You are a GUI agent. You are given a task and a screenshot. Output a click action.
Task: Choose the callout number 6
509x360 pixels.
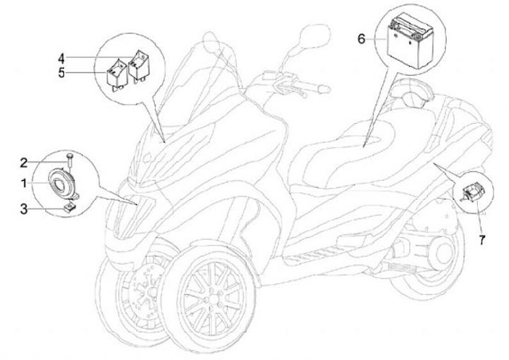point(361,39)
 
